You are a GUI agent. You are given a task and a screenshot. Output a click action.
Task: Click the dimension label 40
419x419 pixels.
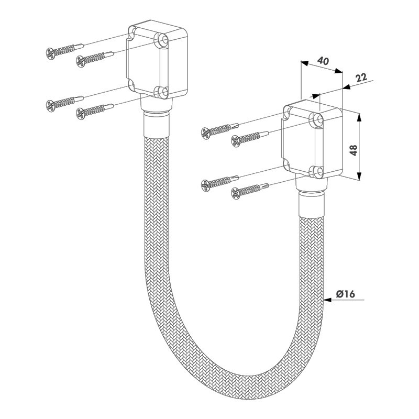(323, 61)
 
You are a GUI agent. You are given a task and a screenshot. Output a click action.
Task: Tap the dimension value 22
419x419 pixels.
(361, 78)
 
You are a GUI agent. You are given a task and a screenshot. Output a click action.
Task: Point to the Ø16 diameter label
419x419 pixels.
(345, 294)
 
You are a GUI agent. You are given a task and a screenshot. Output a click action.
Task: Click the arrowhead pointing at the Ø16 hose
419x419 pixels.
(328, 300)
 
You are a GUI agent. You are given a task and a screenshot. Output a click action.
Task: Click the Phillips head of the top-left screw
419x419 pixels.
(50, 53)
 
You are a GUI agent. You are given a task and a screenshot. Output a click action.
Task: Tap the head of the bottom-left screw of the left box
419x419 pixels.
(50, 105)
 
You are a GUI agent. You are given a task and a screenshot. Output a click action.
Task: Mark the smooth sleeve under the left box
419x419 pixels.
(156, 125)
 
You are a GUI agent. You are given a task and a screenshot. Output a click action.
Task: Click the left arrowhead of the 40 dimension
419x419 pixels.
(305, 63)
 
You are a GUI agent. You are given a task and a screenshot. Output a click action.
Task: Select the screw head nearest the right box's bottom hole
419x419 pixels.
(235, 193)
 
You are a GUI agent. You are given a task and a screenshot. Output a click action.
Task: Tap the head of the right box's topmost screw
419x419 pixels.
(205, 134)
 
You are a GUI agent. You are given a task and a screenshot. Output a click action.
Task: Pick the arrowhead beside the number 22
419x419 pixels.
(346, 87)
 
